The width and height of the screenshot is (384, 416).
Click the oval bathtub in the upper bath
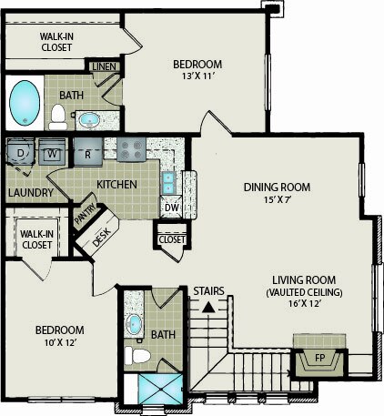pos(25,103)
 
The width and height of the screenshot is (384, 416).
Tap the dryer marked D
pos(20,152)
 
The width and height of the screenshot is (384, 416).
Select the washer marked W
pos(52,152)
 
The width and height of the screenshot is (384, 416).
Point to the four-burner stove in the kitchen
pos(131,149)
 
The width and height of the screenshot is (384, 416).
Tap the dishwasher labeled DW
pos(172,208)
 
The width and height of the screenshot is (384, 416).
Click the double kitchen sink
pos(167,183)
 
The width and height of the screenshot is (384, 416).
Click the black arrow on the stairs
pos(208,308)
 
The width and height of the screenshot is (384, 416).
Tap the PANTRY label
pos(86,214)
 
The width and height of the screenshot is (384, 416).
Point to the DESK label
pos(101,237)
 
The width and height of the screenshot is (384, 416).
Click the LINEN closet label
pos(104,66)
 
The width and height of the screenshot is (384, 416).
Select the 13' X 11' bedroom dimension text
pos(198,76)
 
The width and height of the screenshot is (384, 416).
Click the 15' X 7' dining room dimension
pos(278,199)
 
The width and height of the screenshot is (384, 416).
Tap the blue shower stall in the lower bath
pos(160,389)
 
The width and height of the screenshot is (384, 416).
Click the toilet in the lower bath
pos(138,356)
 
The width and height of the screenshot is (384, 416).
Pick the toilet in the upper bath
pos(58,117)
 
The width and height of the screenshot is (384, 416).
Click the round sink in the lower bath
pos(134,324)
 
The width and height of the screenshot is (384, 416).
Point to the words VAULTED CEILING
pos(304,292)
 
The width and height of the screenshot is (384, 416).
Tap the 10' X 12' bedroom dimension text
pos(60,343)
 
